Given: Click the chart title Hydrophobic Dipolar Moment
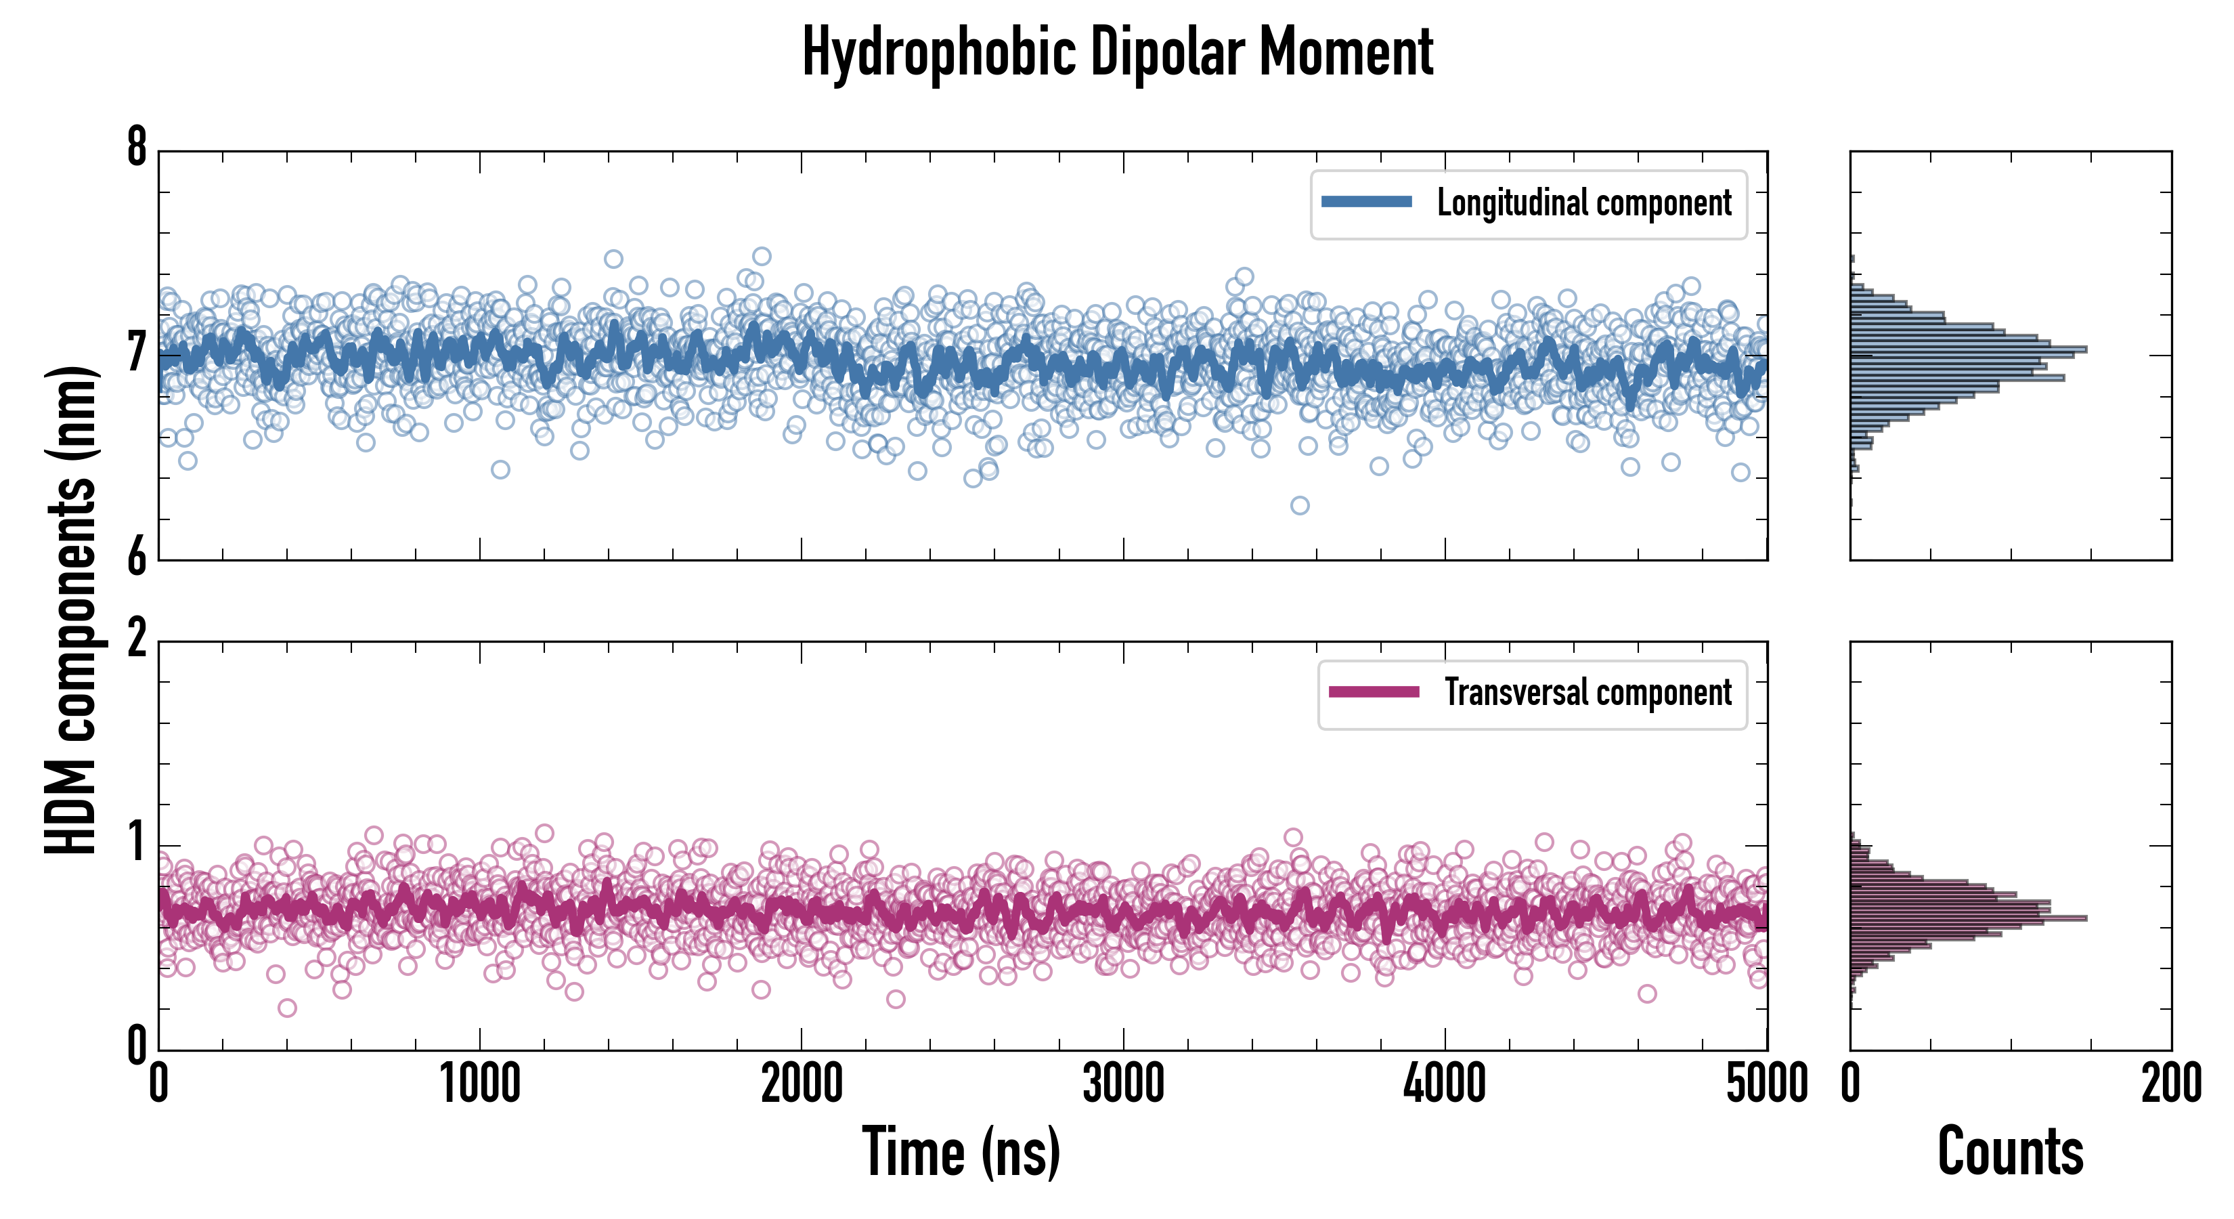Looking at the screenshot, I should (x=1117, y=52).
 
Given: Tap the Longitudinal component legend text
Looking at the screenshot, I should (x=1583, y=203).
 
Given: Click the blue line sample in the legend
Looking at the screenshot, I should (x=1366, y=202).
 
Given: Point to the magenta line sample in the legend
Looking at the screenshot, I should (x=1374, y=691).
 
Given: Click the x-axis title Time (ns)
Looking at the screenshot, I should (x=961, y=1151).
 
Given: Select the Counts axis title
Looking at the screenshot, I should (x=2010, y=1151).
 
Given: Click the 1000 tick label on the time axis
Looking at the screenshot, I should (x=479, y=1084).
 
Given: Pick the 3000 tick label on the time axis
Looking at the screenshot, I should (x=1123, y=1084).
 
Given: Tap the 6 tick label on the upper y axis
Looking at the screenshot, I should (x=137, y=558).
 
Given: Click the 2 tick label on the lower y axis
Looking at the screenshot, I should (x=137, y=640).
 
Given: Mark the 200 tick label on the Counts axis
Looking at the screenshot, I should (x=2170, y=1084).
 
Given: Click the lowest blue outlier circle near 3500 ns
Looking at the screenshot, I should (x=1299, y=506).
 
